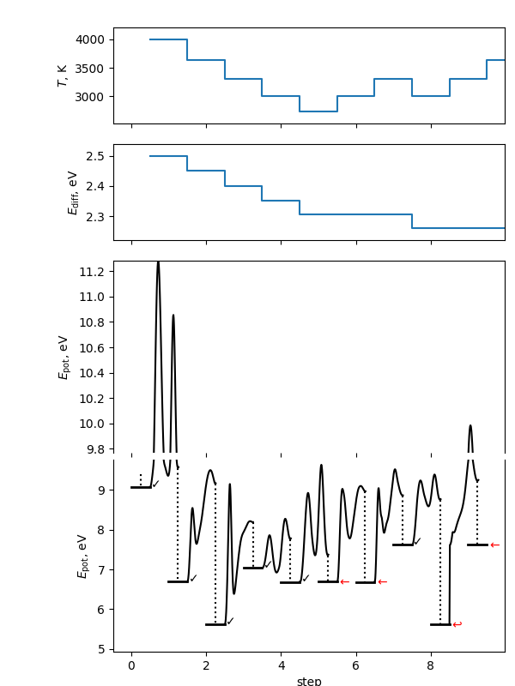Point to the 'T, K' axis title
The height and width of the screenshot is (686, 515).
[63, 75]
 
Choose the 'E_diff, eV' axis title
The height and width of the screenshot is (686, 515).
[73, 192]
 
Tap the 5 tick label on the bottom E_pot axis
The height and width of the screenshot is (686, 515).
[101, 649]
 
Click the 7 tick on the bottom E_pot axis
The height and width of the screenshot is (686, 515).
[101, 569]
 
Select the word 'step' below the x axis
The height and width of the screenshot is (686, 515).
[309, 681]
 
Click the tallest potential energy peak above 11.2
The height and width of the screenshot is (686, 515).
[158, 264]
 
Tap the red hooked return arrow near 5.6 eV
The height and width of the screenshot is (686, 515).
[457, 624]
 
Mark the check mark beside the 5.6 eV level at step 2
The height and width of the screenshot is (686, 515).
[230, 621]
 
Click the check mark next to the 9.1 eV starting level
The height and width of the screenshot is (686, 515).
[155, 484]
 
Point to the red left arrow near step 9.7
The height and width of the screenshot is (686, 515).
[494, 545]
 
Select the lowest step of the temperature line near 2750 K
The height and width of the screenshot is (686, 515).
[318, 111]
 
